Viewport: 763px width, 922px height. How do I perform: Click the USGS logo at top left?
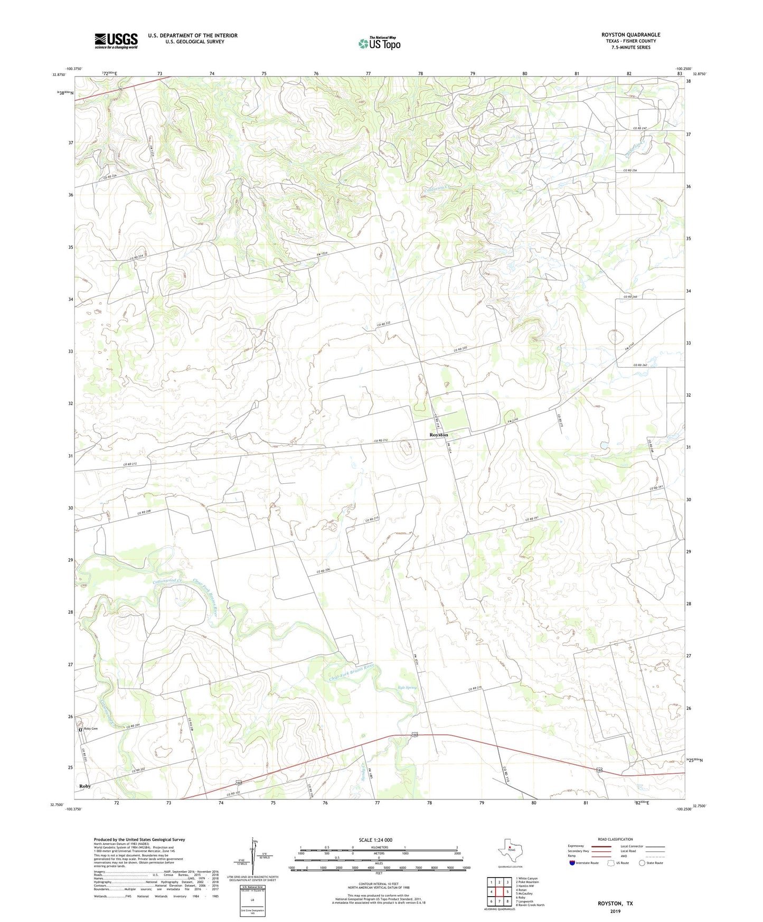tap(116, 41)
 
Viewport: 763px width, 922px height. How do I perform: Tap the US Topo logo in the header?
tap(380, 43)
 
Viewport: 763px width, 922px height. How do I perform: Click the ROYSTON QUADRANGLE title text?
tap(630, 35)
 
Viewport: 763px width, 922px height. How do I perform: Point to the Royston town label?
tap(438, 435)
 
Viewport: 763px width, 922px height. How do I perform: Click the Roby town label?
tap(85, 786)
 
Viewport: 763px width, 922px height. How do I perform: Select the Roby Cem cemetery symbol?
tap(81, 729)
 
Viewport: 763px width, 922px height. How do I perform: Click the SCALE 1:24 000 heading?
tap(375, 840)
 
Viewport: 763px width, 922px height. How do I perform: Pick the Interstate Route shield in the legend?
tap(572, 863)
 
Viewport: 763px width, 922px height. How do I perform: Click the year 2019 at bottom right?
tap(615, 911)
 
